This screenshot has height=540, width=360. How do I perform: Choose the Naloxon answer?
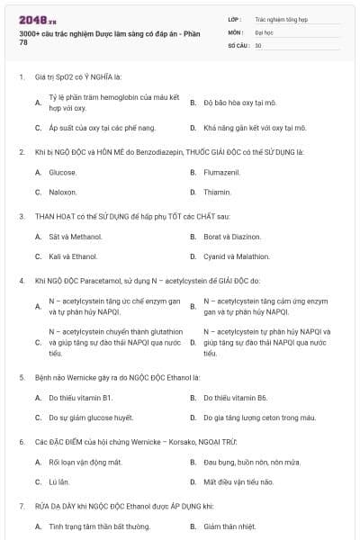pos(62,192)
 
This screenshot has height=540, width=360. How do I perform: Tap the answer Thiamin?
pos(217,192)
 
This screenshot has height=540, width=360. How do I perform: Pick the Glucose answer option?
pos(62,172)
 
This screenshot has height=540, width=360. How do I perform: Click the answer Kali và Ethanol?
pos(73,256)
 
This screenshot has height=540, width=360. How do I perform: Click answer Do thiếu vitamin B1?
pos(81,398)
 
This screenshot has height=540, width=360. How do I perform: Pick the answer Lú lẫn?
pos(59,482)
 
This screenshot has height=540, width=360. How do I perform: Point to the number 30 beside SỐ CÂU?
pos(258,45)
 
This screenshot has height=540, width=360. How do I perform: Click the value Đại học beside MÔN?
pos(264,31)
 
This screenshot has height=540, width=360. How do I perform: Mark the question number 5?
pos(22,376)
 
